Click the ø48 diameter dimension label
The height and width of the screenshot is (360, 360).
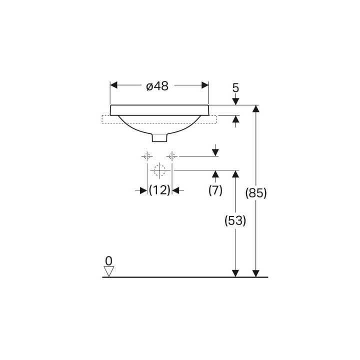click(157, 86)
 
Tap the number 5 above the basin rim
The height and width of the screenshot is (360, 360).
click(236, 87)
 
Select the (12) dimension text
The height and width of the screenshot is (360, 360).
click(159, 190)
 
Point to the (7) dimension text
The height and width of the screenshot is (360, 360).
click(215, 190)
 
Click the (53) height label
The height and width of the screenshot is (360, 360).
click(235, 220)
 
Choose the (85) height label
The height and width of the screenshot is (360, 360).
click(256, 193)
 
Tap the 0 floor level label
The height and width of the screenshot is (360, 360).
click(108, 261)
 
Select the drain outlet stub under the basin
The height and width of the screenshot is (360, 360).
click(160, 138)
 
